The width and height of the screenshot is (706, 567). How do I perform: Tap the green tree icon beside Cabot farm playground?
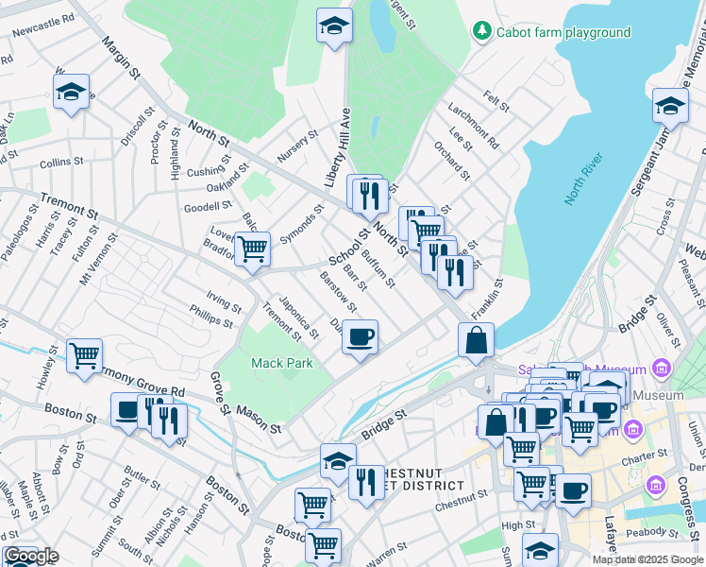click(483, 32)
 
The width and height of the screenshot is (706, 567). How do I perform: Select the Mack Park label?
click(281, 363)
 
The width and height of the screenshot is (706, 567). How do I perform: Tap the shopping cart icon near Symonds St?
click(252, 249)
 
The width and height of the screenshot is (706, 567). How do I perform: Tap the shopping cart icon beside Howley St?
click(84, 355)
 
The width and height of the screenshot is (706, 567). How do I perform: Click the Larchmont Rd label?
click(474, 126)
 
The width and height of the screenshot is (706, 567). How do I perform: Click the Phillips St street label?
click(210, 316)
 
